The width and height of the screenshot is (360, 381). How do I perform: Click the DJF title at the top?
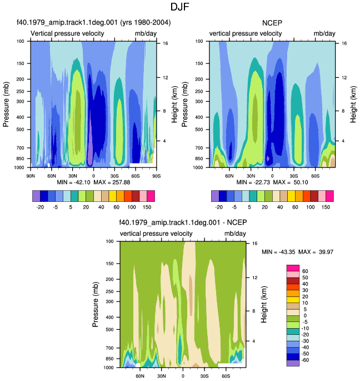[179, 7]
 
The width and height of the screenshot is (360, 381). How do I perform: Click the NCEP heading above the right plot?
[272, 23]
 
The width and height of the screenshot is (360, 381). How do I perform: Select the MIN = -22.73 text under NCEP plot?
[253, 182]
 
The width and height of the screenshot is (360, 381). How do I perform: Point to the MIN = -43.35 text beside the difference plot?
[278, 252]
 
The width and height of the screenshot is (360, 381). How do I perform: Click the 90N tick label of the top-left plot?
[31, 176]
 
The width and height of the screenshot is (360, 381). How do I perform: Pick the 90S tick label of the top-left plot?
[157, 176]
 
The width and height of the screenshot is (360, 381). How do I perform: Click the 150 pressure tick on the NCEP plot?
[199, 63]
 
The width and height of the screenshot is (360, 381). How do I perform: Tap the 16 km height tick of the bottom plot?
[254, 243]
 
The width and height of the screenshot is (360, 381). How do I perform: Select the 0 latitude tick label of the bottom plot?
[183, 376]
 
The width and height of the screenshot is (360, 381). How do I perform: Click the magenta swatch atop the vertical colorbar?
[293, 268]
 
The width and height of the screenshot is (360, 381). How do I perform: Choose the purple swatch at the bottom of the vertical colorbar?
[293, 363]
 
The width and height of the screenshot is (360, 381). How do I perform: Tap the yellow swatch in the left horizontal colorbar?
[113, 196]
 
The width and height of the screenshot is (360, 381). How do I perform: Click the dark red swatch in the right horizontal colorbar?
[314, 196]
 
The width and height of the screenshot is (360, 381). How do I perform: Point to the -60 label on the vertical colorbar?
[305, 360]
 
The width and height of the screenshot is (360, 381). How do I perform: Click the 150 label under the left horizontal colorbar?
[147, 207]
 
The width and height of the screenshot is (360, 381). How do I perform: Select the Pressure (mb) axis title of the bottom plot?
[96, 304]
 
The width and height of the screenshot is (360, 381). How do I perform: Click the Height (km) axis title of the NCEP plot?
[353, 104]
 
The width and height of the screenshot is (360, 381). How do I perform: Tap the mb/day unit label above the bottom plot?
[235, 234]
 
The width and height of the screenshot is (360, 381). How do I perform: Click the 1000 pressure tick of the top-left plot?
[19, 167]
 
